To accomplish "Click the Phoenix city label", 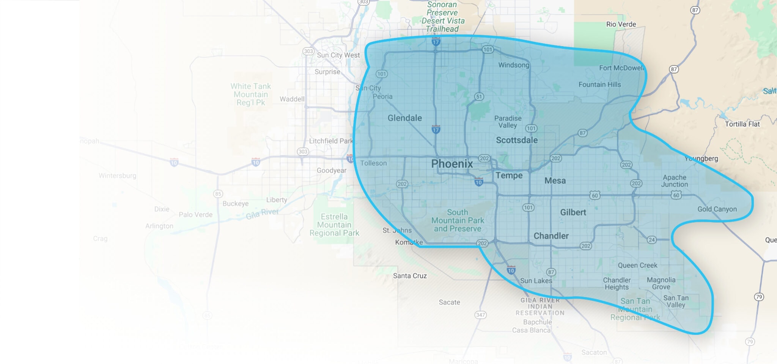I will [452, 164].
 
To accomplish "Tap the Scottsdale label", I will [517, 140].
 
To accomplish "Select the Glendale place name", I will [404, 118].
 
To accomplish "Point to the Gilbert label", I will [573, 212].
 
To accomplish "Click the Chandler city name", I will [551, 236].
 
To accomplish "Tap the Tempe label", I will [509, 175].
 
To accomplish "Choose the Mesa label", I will [555, 181].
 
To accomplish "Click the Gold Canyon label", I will [717, 209].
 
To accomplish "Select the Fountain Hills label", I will [599, 84].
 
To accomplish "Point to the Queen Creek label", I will [637, 265].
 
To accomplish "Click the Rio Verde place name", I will [621, 24].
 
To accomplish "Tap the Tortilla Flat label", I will [742, 124].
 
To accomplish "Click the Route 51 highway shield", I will [479, 97].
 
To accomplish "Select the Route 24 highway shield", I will [651, 240].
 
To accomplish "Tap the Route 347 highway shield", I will [480, 315].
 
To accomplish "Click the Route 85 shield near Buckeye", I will [218, 194].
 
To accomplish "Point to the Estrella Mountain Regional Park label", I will [334, 225].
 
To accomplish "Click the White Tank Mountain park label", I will [251, 94].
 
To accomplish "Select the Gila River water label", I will [262, 214].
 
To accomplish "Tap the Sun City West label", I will [338, 55].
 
